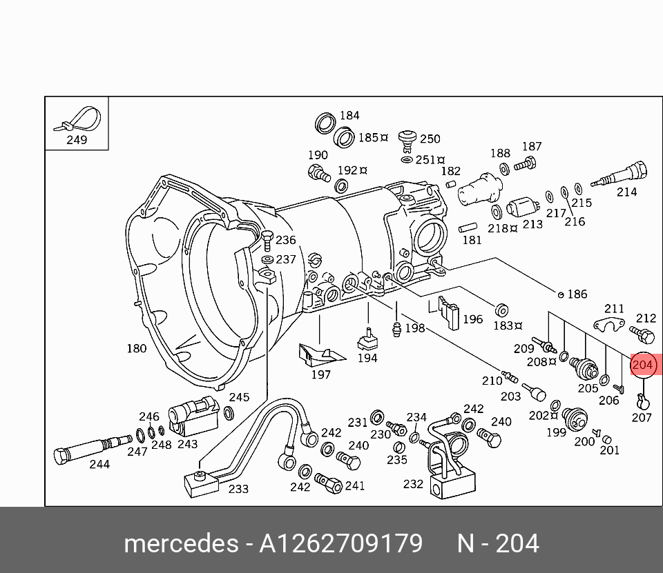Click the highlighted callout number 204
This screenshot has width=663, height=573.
pyautogui.click(x=642, y=365)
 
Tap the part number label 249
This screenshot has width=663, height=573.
pyautogui.click(x=77, y=140)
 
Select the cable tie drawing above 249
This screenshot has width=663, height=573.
pyautogui.click(x=77, y=119)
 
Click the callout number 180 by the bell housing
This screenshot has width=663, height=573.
pyautogui.click(x=136, y=348)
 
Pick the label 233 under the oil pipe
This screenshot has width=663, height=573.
pyautogui.click(x=238, y=489)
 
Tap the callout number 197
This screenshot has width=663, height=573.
pyautogui.click(x=320, y=374)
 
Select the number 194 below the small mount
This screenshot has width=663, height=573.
pyautogui.click(x=367, y=358)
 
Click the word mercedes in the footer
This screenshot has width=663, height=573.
pyautogui.click(x=180, y=544)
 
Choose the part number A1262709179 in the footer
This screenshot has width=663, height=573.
pyautogui.click(x=340, y=544)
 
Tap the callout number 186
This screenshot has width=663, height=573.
pyautogui.click(x=577, y=294)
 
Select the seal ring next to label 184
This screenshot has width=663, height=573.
pyautogui.click(x=324, y=123)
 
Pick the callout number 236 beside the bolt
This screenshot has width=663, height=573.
pyautogui.click(x=285, y=240)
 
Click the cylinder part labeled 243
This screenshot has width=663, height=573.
pyautogui.click(x=193, y=415)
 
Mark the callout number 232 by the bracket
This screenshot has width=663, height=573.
pyautogui.click(x=413, y=484)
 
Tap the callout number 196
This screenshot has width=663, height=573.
pyautogui.click(x=472, y=319)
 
